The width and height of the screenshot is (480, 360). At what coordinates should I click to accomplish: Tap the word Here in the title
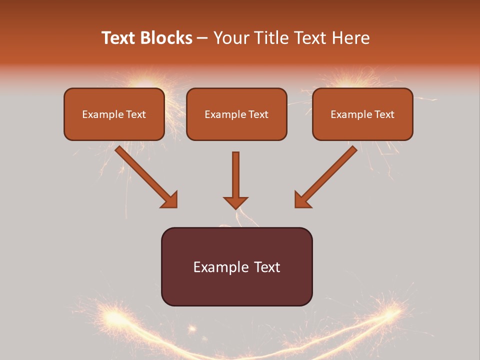pos(350,38)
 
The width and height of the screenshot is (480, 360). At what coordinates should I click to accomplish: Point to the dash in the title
pos(203,38)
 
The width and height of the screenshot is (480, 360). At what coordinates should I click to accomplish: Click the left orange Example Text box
pos(114,114)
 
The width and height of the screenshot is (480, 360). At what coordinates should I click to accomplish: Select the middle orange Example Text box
pos(236,114)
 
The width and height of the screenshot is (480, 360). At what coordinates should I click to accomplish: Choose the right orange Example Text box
pos(362,114)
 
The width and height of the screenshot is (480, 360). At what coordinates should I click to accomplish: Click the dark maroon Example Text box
pos(236,266)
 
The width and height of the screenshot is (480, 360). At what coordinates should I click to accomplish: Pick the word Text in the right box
pos(384,114)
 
